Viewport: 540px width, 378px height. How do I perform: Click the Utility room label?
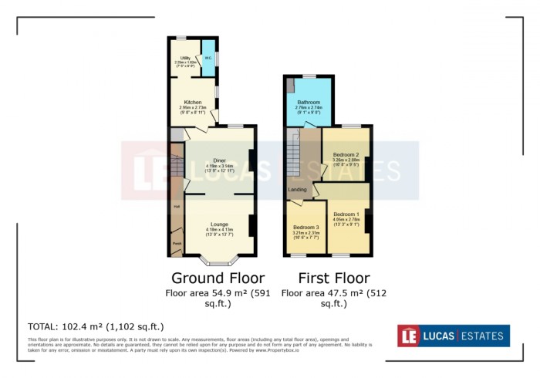click(x=185, y=58)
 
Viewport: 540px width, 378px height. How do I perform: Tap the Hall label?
click(x=177, y=207)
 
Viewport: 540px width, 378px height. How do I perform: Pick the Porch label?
click(x=177, y=243)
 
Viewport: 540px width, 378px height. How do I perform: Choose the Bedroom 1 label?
click(x=345, y=214)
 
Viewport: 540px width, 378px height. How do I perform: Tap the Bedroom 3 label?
click(x=306, y=227)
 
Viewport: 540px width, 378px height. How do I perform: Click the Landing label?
click(x=298, y=189)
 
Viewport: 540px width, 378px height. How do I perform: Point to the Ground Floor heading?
click(x=218, y=278)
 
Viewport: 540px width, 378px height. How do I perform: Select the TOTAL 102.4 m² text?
click(x=96, y=326)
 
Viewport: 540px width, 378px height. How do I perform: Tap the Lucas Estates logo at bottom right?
click(x=453, y=336)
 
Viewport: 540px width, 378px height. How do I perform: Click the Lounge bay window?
click(x=218, y=260)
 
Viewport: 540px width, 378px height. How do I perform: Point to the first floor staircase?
click(x=292, y=154)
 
